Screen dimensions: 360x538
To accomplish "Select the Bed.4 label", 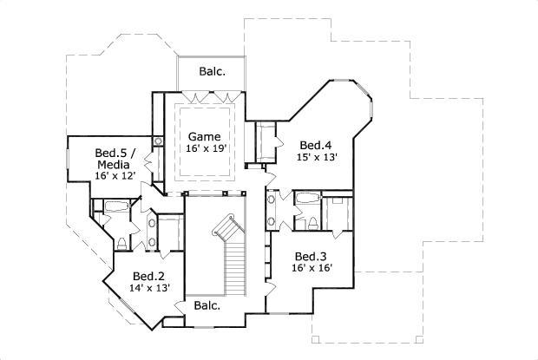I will tap(316, 145).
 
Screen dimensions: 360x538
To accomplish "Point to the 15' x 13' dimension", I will tap(316, 158).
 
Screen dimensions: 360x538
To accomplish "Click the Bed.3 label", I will tap(310, 256).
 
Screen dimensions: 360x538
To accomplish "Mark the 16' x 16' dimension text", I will tap(310, 269).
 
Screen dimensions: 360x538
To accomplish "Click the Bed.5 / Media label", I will tap(113, 159).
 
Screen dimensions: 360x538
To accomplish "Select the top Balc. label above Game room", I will tap(212, 72).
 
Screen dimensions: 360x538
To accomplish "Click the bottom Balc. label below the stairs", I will tap(207, 305).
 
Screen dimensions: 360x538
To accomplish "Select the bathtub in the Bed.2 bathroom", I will tap(113, 206).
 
